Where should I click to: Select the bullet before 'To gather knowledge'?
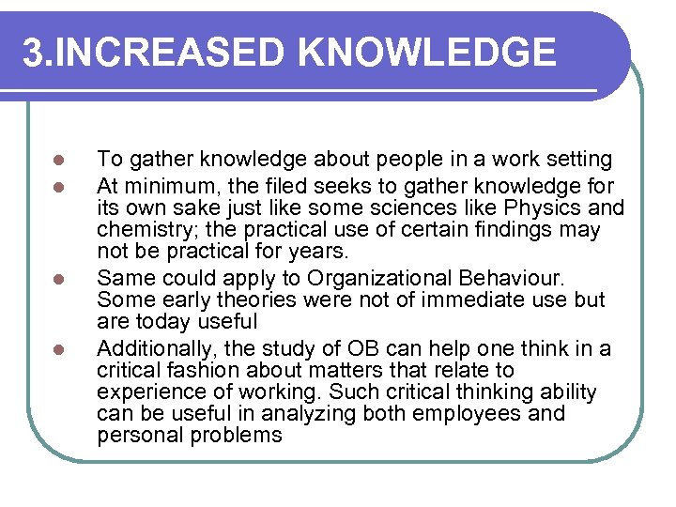click(x=58, y=160)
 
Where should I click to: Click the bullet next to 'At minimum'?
click(x=58, y=185)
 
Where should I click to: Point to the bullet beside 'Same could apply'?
click(x=58, y=279)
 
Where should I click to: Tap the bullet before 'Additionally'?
click(x=58, y=349)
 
